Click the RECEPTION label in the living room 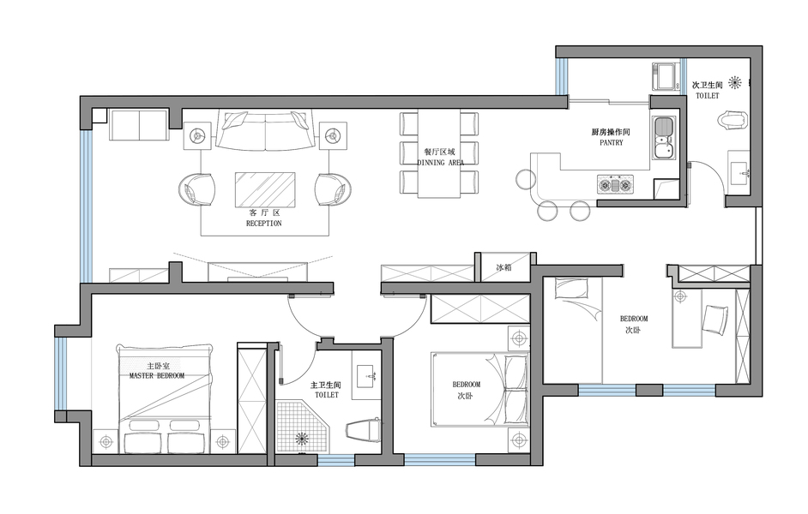[264, 224]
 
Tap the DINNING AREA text [440, 163]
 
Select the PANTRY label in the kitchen [612, 142]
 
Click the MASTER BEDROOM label [157, 375]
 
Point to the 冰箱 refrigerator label [503, 267]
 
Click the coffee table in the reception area [265, 189]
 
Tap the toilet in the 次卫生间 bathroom [731, 121]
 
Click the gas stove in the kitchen [616, 184]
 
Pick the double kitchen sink [664, 137]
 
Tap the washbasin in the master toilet [366, 374]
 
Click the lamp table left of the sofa [197, 136]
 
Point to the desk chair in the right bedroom [715, 319]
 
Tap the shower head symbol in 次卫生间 [735, 81]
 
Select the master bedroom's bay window [61, 374]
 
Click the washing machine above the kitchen [666, 76]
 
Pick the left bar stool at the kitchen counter [526, 179]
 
